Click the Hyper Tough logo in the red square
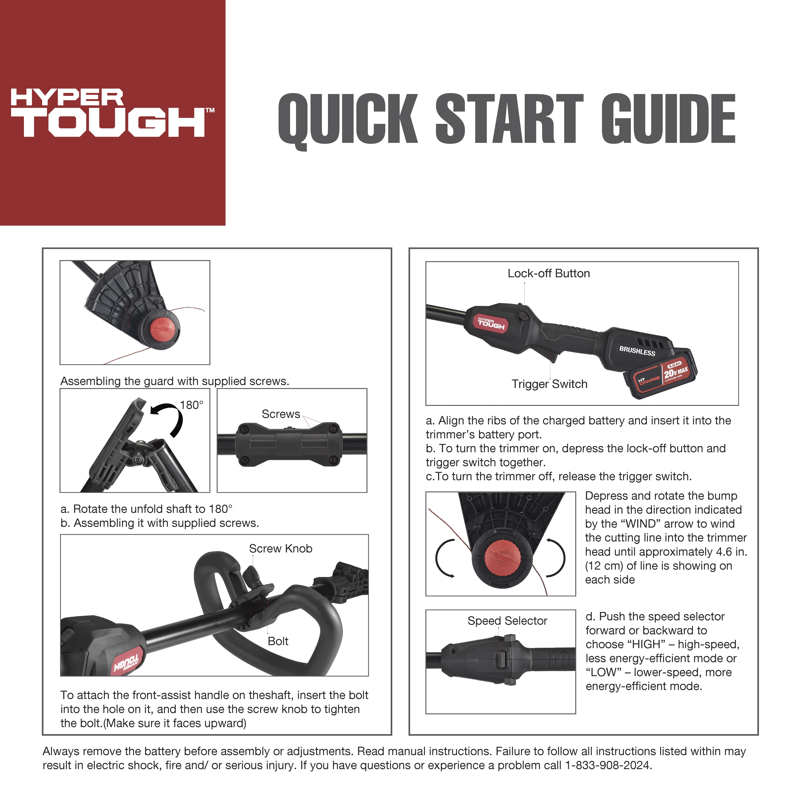[x=113, y=113]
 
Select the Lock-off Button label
[x=548, y=274]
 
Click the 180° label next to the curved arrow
[x=192, y=405]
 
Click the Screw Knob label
[x=281, y=548]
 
